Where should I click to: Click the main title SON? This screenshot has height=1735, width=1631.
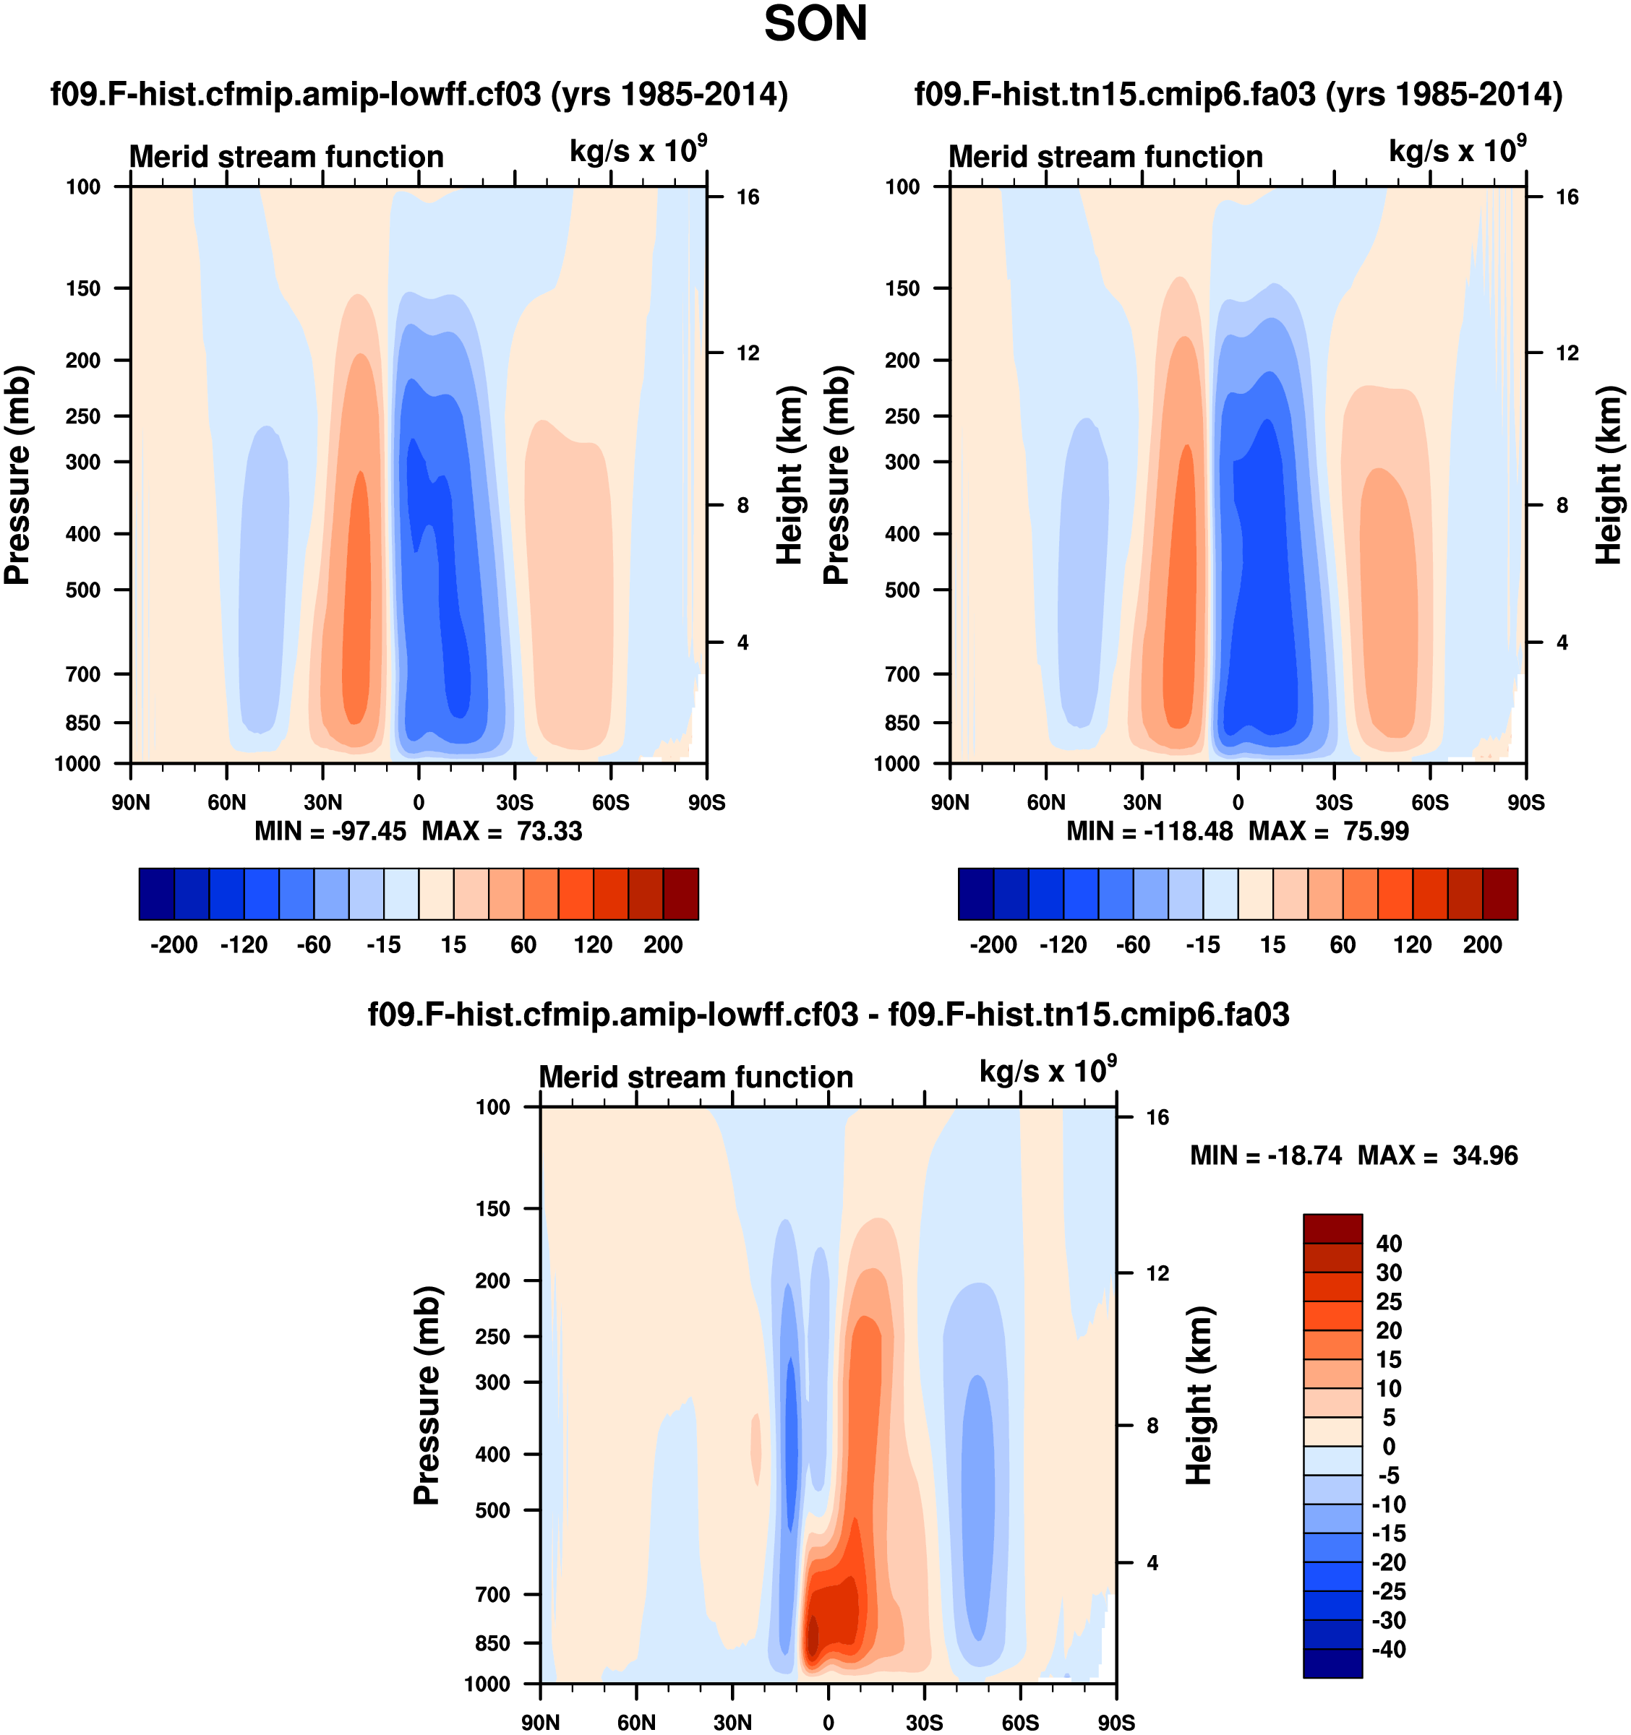click(815, 25)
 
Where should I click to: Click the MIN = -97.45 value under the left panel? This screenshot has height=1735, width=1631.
click(330, 831)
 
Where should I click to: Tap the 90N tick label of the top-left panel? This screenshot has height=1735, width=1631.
click(131, 802)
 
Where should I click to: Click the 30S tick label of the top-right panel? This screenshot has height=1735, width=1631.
click(1333, 802)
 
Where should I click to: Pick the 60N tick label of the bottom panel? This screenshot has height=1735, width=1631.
click(635, 1722)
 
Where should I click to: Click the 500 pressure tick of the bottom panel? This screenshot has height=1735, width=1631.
click(492, 1510)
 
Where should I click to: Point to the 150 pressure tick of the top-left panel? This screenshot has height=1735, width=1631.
click(83, 288)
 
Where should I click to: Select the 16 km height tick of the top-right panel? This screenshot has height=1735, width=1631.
click(1567, 197)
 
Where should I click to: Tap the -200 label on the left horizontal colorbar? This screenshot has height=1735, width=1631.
click(174, 944)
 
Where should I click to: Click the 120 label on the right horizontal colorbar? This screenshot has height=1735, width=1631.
click(1412, 944)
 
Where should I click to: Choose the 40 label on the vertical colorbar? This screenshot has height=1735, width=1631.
click(1388, 1244)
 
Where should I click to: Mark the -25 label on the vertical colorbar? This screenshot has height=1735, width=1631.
click(1388, 1591)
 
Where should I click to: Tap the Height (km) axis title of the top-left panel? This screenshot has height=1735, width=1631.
click(789, 475)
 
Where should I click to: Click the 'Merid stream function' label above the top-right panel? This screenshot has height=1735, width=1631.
click(1105, 157)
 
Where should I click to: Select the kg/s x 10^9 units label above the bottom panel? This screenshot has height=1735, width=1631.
click(1047, 1071)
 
